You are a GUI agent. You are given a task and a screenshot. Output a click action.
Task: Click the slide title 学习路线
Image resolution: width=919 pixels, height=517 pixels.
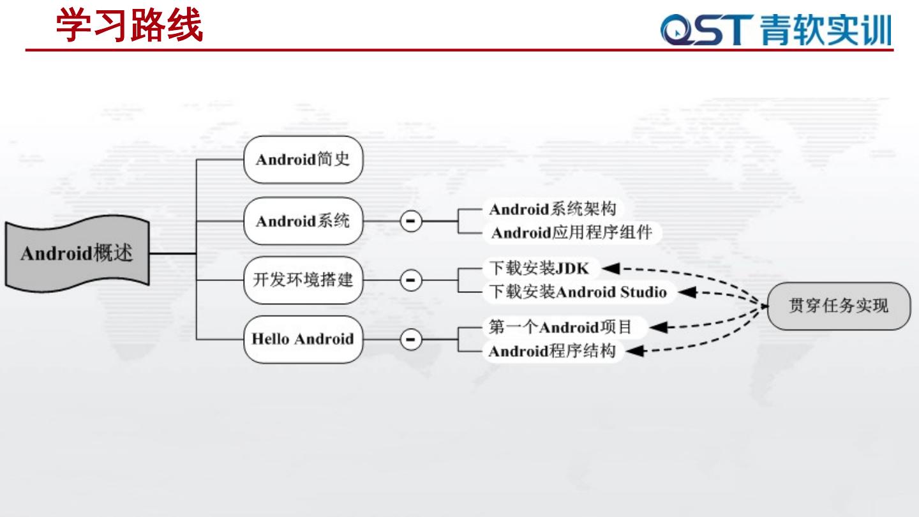130,26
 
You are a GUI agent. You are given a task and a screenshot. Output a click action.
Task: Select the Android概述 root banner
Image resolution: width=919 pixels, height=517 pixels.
77,253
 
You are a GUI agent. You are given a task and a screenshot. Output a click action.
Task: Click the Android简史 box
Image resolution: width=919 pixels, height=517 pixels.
303,160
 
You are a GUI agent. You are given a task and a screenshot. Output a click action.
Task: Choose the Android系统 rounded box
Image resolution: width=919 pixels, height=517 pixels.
303,221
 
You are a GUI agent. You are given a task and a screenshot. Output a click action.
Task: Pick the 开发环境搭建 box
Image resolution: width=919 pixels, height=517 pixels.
303,280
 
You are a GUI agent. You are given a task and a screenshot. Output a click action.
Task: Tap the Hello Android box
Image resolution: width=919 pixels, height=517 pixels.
303,339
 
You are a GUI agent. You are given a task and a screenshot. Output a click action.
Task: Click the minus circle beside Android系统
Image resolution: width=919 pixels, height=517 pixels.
411,221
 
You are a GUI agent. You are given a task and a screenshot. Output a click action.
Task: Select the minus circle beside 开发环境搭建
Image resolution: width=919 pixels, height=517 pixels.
411,280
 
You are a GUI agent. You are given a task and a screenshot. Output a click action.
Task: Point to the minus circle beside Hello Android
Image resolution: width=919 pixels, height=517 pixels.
411,339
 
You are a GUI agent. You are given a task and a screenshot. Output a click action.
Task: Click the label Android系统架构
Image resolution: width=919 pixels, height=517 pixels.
553,209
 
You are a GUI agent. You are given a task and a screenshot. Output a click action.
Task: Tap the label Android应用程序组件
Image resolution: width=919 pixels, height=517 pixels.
572,233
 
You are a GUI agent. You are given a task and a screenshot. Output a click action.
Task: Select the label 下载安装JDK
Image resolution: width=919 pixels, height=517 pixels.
539,267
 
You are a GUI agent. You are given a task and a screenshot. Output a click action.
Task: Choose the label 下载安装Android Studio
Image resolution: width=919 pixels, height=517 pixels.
578,292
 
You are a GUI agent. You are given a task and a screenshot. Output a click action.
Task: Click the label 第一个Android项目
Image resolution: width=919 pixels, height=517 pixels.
560,327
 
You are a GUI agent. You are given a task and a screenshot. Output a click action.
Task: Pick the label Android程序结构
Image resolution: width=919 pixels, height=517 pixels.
552,351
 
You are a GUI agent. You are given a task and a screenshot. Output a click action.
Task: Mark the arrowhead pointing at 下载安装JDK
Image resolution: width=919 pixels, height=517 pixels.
611,268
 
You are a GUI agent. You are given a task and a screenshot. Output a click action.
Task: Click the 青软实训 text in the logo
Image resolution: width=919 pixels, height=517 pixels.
826,30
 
